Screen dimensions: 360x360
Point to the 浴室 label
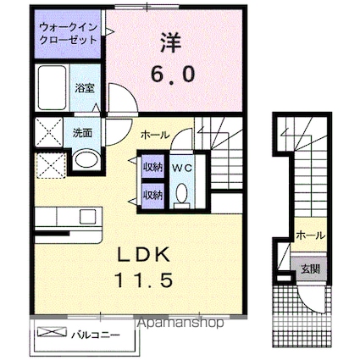[x=84, y=87]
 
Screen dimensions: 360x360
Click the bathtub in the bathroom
[x=53, y=89]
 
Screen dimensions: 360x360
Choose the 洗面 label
[x=82, y=133]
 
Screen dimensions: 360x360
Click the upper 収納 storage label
[x=152, y=165]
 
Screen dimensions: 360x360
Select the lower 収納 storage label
[x=152, y=195]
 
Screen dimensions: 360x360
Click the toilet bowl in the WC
[x=181, y=194]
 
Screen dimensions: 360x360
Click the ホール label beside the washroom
[x=154, y=134]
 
